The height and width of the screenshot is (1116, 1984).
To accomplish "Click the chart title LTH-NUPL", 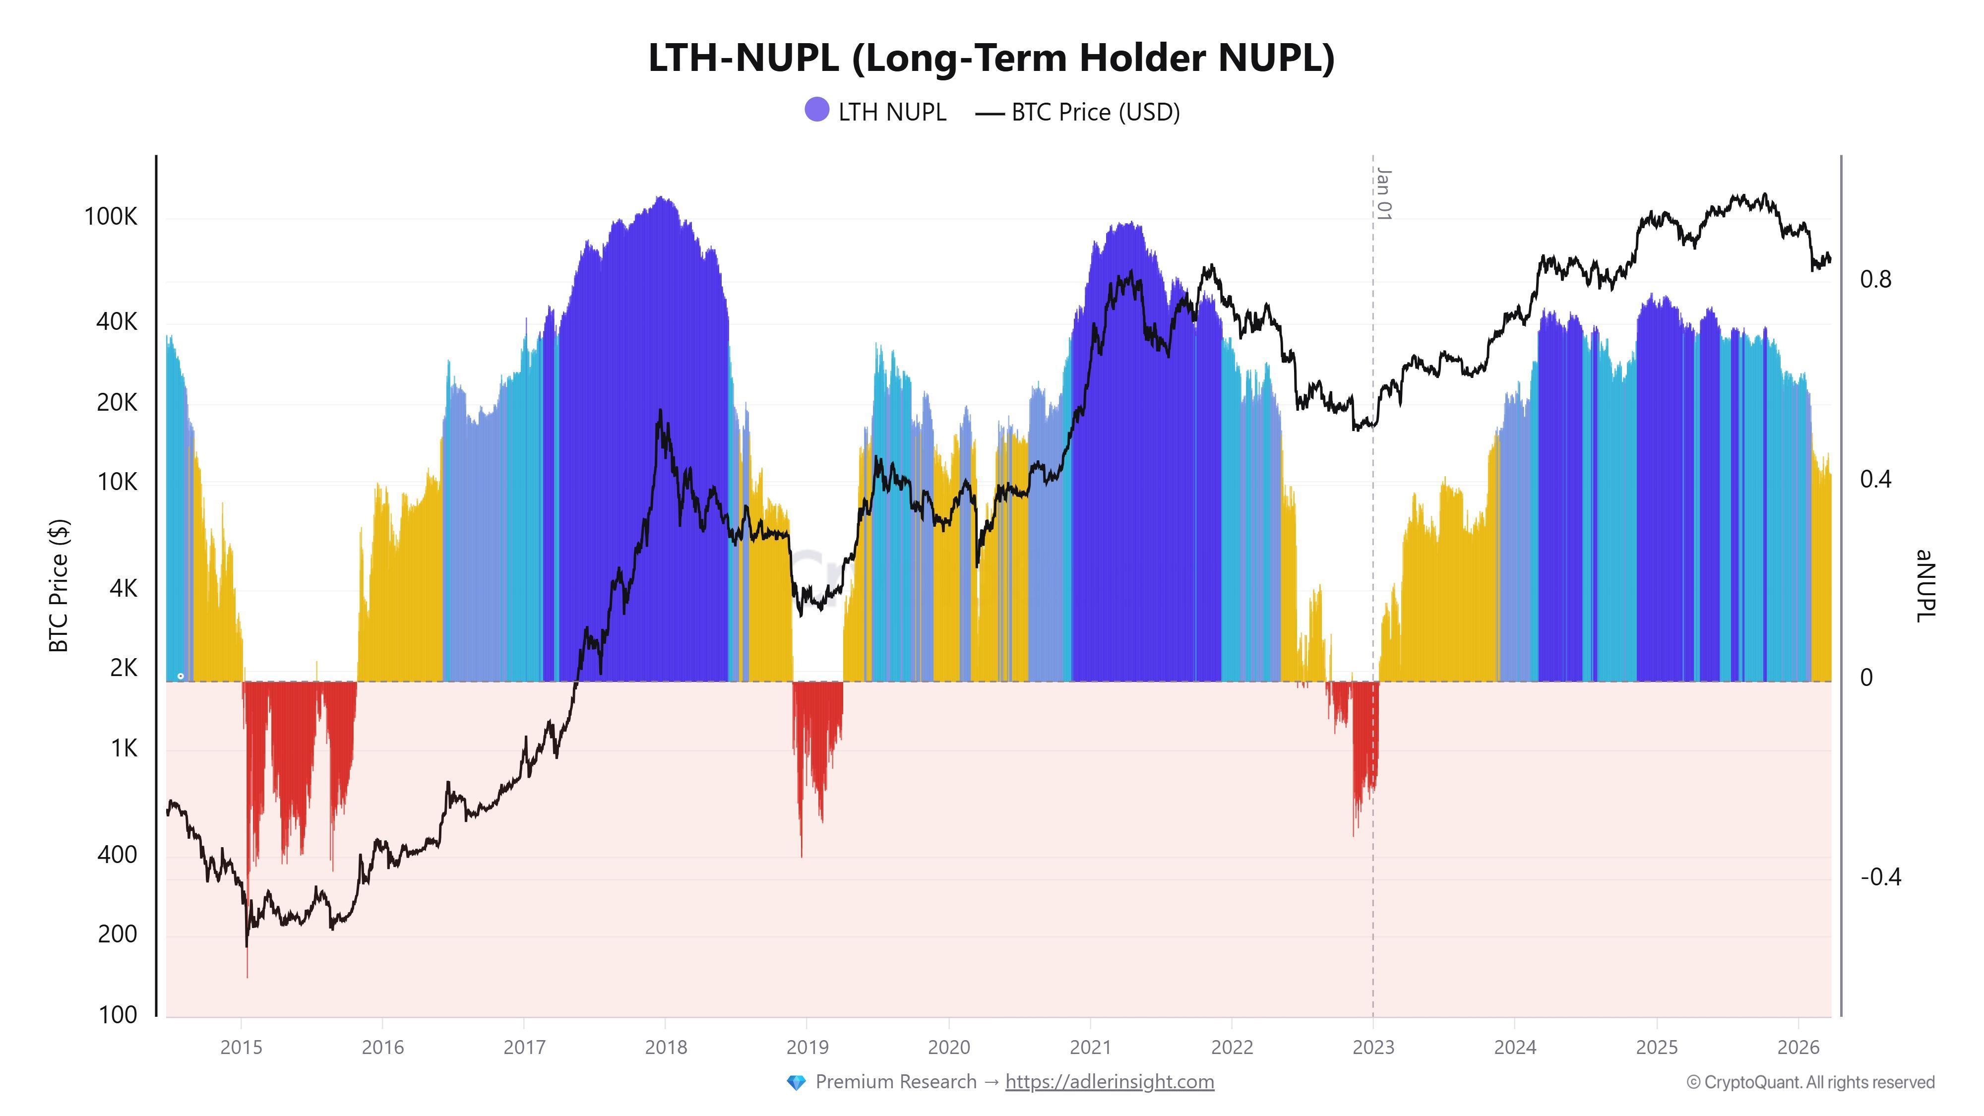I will [x=991, y=58].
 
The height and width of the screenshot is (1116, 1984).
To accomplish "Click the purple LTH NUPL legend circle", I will [x=816, y=110].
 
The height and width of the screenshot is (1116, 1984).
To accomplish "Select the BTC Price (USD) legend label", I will [x=1095, y=113].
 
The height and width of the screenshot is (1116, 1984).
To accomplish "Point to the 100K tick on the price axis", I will [x=111, y=217].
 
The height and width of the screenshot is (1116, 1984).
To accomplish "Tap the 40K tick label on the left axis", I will [x=116, y=322].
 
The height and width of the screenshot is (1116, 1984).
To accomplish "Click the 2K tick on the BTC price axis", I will [x=123, y=668].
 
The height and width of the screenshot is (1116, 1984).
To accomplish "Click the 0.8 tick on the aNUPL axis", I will [x=1875, y=280].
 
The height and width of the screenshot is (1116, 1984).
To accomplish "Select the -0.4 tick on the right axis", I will [x=1880, y=877].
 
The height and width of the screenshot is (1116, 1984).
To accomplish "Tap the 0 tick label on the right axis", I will [x=1865, y=678].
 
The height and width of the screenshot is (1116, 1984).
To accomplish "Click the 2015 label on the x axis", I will [x=241, y=1048].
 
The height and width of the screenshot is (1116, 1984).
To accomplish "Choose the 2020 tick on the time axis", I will [x=949, y=1048].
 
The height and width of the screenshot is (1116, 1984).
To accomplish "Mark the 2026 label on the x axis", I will [x=1798, y=1048].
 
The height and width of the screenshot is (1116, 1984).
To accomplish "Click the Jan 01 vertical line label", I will [x=1384, y=194].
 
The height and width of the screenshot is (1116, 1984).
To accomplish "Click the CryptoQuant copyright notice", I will [x=1810, y=1083].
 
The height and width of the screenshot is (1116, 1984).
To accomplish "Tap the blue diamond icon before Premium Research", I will [x=796, y=1083].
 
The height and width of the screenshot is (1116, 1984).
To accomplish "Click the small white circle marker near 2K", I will [x=180, y=676].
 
